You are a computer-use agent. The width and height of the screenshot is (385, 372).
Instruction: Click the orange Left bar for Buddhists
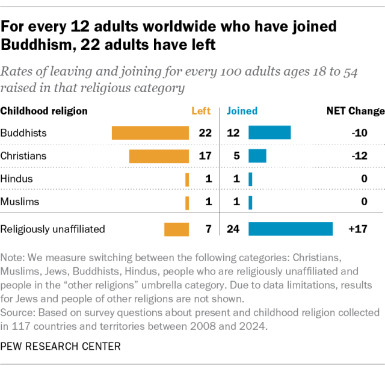point(150,132)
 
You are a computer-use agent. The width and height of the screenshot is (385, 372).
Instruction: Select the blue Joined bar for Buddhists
point(269,132)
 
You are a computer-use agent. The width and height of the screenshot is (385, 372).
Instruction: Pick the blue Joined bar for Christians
point(257,156)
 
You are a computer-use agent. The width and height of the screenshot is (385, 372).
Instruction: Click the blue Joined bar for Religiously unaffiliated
point(291,229)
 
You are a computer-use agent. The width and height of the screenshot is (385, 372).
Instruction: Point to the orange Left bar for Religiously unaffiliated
point(177,229)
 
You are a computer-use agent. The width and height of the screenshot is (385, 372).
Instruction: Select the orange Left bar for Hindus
point(187,179)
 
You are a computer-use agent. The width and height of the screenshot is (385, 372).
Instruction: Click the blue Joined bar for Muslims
point(250,202)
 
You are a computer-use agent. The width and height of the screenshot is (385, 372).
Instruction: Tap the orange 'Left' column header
point(201,111)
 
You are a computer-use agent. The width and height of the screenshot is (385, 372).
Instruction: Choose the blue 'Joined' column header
point(242,111)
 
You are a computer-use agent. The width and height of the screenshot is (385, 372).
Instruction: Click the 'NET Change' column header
point(355,111)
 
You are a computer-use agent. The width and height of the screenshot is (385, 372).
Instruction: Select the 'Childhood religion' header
point(44,111)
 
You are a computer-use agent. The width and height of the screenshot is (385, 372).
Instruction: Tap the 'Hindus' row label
point(17,179)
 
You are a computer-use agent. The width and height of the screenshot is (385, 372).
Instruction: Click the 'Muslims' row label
point(20,202)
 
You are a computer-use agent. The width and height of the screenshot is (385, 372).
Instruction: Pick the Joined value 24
point(233,229)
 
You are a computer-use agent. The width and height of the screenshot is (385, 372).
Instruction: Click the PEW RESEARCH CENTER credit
point(60,346)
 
